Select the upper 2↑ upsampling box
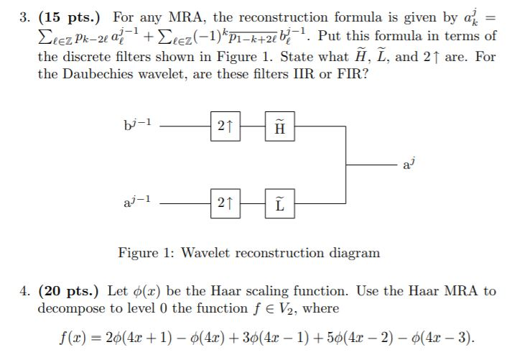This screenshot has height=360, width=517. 224,126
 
